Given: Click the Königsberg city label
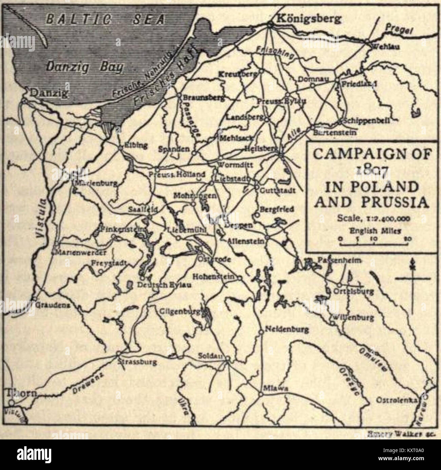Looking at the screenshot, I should click(309, 19).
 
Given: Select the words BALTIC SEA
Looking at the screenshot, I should click(106, 19).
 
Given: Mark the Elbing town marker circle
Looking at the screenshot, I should click(119, 148).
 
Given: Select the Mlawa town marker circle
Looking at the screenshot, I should click(261, 394).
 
